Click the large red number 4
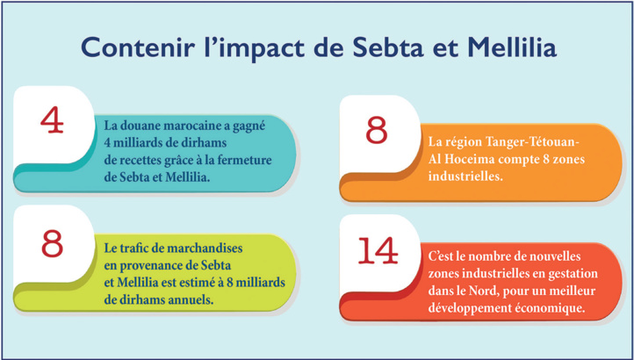click(52, 120)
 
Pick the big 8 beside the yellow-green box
click(52, 243)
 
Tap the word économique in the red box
click(549, 308)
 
